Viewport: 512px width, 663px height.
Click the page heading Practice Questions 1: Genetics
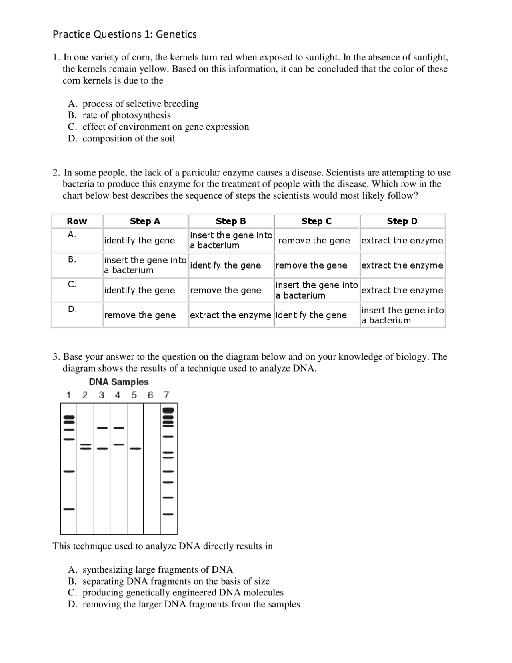[x=124, y=34]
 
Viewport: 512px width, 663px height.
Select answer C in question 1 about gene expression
[x=165, y=127]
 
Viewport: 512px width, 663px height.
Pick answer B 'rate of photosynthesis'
[x=126, y=115]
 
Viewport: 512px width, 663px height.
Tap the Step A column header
[x=145, y=221]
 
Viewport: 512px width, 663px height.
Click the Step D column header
[x=402, y=221]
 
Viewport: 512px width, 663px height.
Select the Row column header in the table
[x=77, y=221]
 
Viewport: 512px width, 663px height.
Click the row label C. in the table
[x=72, y=285]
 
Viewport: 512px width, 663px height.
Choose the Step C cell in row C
[x=316, y=290]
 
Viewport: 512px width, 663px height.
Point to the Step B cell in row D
[x=230, y=315]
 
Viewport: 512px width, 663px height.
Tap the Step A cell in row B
[x=145, y=265]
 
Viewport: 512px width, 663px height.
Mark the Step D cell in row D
[x=402, y=315]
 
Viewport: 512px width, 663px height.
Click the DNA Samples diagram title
[x=118, y=382]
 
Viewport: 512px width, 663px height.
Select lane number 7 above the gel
[x=166, y=395]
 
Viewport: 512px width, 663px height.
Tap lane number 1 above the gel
[x=68, y=395]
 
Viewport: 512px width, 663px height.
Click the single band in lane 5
[x=135, y=449]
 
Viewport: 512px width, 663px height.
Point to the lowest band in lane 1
[x=69, y=509]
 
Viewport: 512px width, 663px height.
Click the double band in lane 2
[x=85, y=447]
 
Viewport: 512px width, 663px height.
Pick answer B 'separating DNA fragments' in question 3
[x=176, y=581]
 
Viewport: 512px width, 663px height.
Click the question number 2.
[x=56, y=173]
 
